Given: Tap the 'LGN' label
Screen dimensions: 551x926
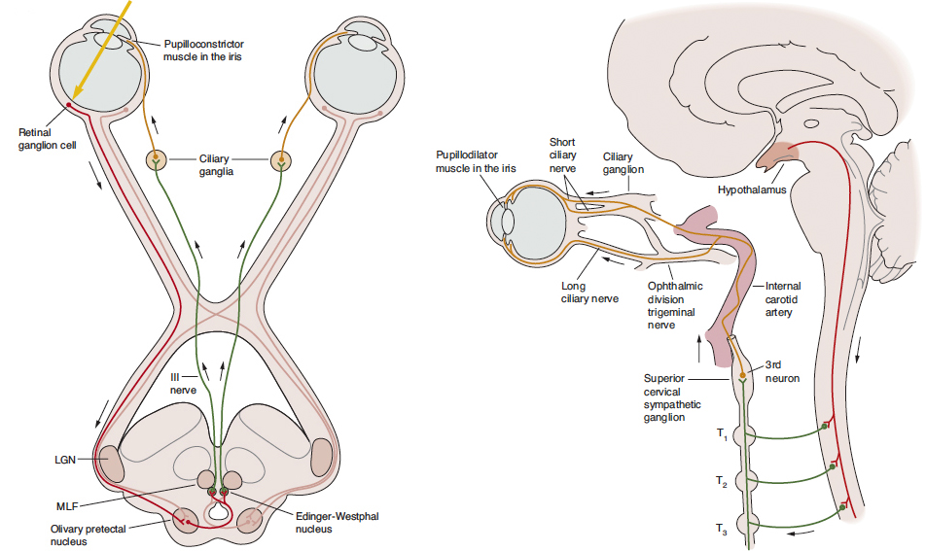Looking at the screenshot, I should (66, 459).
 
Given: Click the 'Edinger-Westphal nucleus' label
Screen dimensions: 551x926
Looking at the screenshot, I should (337, 522).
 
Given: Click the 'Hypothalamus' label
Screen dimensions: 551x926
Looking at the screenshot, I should (752, 190).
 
